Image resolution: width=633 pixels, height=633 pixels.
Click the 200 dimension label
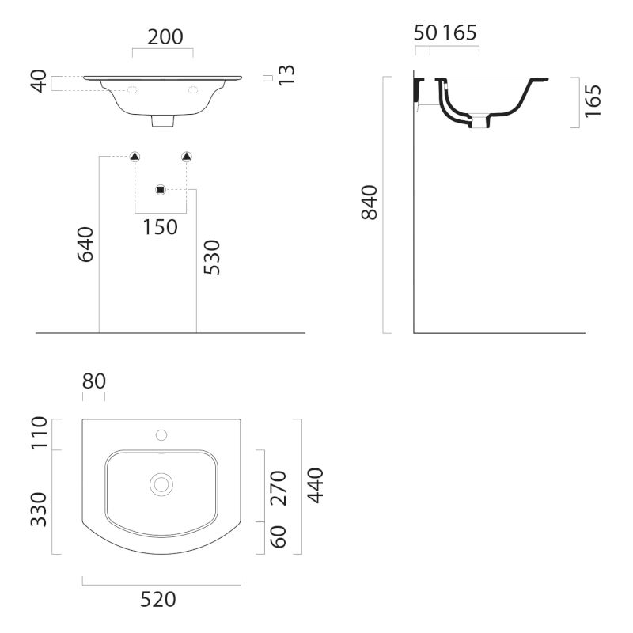(x=165, y=37)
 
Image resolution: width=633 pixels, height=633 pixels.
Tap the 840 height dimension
(x=370, y=203)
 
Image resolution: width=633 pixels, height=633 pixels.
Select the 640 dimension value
(x=85, y=244)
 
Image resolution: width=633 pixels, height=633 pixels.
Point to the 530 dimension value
(x=212, y=258)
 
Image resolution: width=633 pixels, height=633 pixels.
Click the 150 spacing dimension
(x=161, y=227)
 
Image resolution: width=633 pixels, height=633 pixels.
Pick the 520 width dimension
(x=158, y=600)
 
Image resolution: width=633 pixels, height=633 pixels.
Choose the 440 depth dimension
(x=316, y=486)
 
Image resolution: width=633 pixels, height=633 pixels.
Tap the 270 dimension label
(x=279, y=488)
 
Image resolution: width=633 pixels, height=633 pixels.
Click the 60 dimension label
(x=279, y=537)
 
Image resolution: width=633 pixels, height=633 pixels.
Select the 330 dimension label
(x=39, y=510)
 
